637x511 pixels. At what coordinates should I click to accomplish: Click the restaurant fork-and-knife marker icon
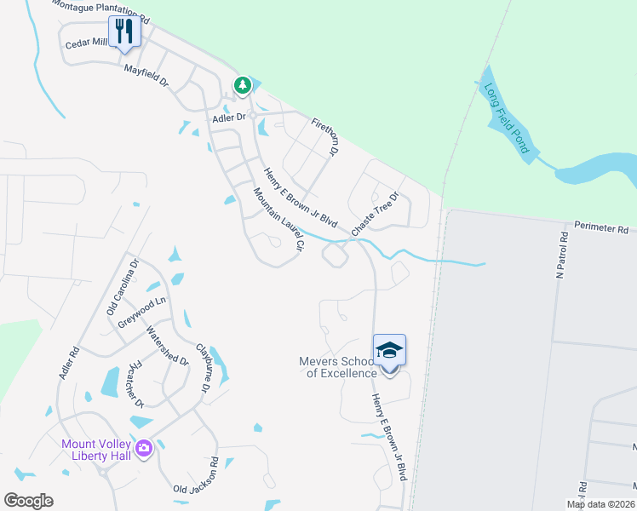coord(125,32)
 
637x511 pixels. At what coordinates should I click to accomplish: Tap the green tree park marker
coord(243,85)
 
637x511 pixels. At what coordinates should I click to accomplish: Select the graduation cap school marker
coord(389,350)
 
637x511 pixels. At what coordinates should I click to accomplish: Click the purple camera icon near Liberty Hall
coord(143,447)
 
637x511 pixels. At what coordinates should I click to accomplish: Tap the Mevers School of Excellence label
coord(337,367)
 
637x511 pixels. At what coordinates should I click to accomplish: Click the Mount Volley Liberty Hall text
coord(95,450)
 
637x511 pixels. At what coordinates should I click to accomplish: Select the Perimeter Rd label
coord(600,229)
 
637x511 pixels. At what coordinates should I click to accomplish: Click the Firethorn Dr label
coord(325,136)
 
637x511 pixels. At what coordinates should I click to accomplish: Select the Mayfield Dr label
coord(146,73)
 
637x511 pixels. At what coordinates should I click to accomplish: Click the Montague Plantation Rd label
coord(100,10)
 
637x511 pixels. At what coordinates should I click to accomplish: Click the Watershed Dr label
coord(166,345)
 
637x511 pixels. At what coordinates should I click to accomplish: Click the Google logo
coord(28,501)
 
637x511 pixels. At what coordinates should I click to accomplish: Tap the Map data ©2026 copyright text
coord(600,504)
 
